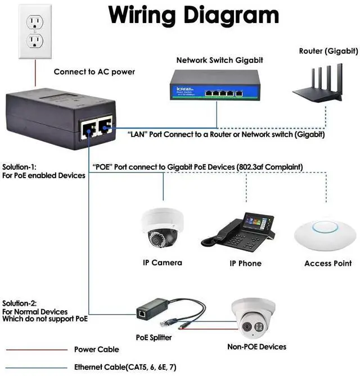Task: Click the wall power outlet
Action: point(35,31)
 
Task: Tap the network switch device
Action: point(215,85)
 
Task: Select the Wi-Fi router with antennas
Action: point(318,83)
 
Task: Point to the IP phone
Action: point(238,232)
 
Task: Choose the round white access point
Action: point(325,235)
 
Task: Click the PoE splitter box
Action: point(152,309)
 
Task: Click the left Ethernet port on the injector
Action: point(88,129)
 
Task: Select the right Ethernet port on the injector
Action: point(105,126)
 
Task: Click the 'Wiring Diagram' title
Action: point(193,15)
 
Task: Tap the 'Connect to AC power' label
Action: point(94,72)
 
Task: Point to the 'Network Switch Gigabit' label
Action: point(219,60)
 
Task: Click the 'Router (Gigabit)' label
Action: point(328,51)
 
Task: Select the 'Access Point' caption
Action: point(328,263)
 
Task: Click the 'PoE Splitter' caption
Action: point(154,337)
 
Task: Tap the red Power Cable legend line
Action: point(37,350)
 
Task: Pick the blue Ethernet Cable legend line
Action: point(37,368)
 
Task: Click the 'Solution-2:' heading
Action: point(20,303)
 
